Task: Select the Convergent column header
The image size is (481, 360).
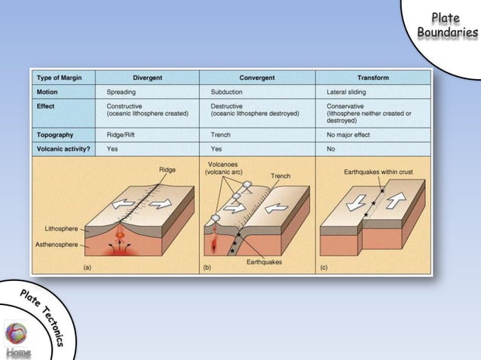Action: [257, 77]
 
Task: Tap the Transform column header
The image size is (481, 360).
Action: [373, 77]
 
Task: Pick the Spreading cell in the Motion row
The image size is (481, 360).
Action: [121, 92]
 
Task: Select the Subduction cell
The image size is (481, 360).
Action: [227, 92]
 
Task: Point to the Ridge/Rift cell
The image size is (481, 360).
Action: [124, 135]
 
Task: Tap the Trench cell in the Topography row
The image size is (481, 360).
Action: [221, 135]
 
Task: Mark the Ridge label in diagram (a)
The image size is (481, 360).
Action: [167, 169]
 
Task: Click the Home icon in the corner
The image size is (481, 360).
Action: [16, 338]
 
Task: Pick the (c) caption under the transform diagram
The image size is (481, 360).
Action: [324, 267]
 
